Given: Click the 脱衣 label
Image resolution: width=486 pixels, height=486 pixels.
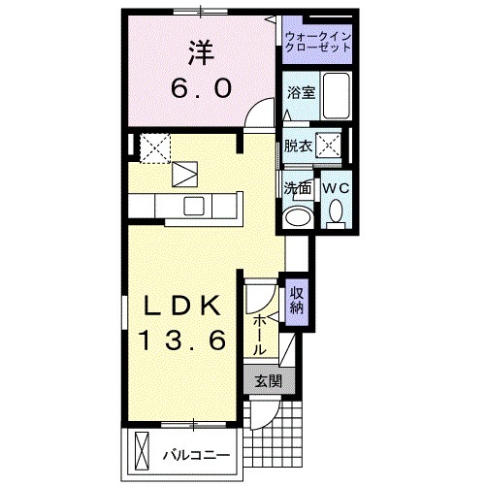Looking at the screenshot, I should tap(297, 147).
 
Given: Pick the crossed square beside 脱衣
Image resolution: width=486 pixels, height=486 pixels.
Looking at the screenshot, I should tap(330, 147).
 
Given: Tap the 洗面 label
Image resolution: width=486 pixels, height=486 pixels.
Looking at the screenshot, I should tap(296, 186).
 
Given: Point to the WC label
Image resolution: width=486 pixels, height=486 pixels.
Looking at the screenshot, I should tap(334, 186).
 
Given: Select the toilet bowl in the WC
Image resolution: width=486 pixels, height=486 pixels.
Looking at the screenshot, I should tap(335, 211).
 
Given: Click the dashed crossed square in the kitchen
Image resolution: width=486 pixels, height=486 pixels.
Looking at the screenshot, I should tap(154, 147).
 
